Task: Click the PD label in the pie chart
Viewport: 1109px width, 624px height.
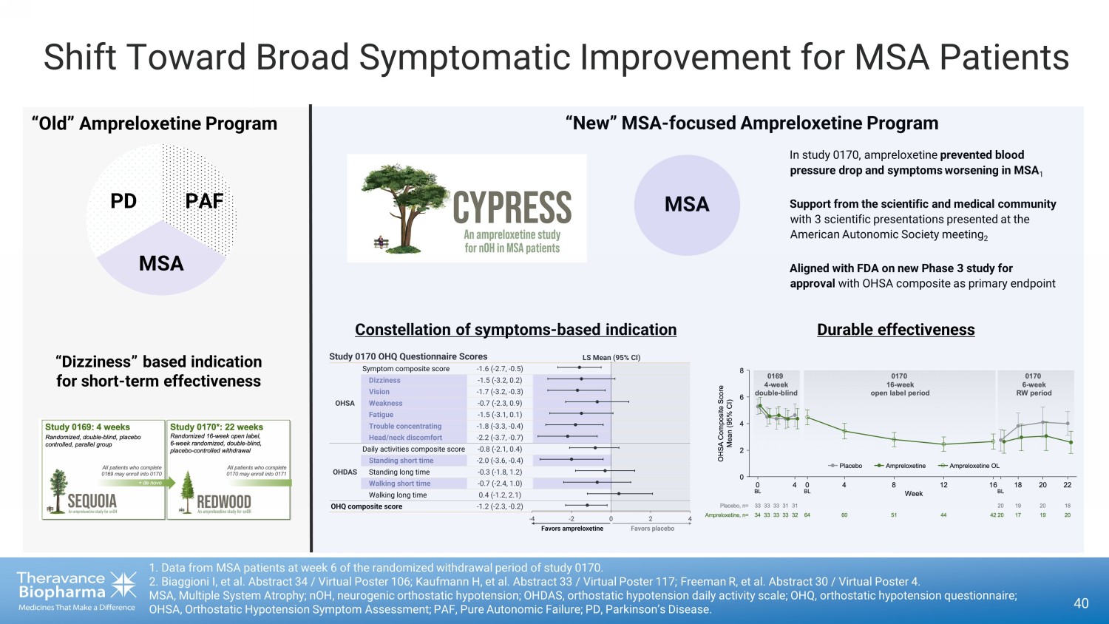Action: pyautogui.click(x=123, y=201)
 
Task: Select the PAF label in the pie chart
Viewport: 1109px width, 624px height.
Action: pyautogui.click(x=204, y=201)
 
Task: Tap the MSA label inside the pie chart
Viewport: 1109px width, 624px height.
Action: pyautogui.click(x=161, y=263)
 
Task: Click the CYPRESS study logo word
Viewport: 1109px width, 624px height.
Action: pyautogui.click(x=512, y=207)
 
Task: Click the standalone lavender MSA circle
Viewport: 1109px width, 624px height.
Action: pyautogui.click(x=687, y=205)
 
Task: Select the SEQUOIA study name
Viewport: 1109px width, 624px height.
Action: pyautogui.click(x=92, y=501)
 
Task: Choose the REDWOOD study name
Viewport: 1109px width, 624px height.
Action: pyautogui.click(x=223, y=502)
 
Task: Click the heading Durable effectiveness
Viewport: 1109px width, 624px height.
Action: pyautogui.click(x=895, y=330)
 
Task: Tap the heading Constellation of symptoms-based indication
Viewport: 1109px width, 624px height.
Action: pyautogui.click(x=515, y=330)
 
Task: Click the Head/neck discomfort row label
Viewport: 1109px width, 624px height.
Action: pyautogui.click(x=405, y=438)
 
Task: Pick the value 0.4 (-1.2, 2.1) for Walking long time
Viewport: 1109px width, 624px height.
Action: pyautogui.click(x=500, y=495)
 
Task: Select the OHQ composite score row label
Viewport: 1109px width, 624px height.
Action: pyautogui.click(x=367, y=506)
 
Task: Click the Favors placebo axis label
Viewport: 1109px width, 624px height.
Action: pyautogui.click(x=652, y=529)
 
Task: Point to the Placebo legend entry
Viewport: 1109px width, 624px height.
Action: pyautogui.click(x=846, y=466)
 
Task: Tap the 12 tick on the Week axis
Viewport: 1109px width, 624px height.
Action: pyautogui.click(x=943, y=485)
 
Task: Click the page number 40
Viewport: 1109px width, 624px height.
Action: pyautogui.click(x=1081, y=603)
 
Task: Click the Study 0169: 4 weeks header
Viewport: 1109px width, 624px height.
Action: pyautogui.click(x=87, y=427)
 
